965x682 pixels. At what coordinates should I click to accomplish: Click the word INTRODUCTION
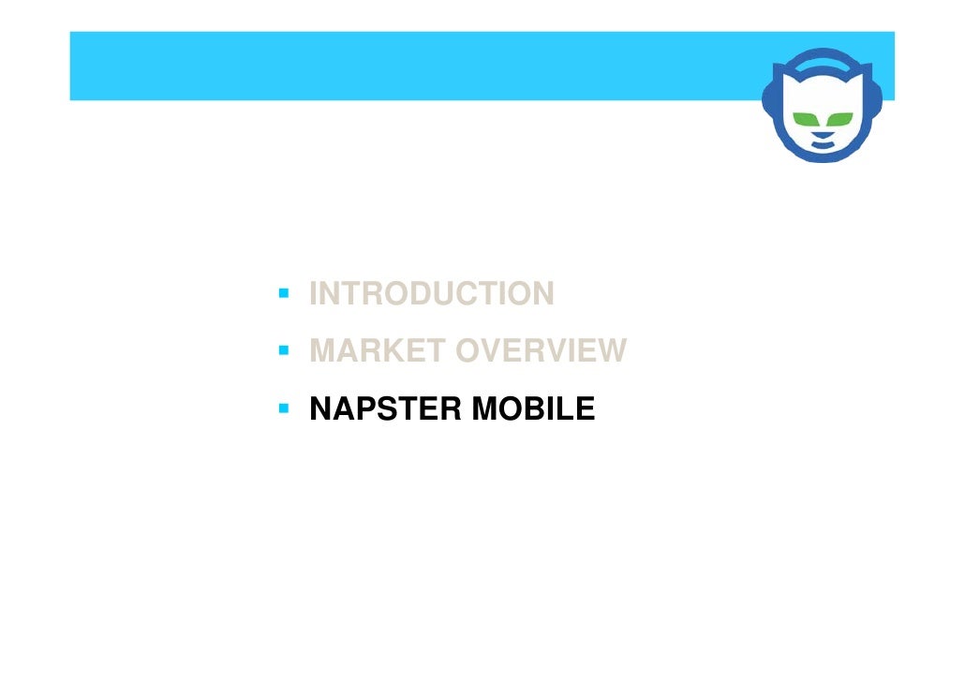pos(432,294)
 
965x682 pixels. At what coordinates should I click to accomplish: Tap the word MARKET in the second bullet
pos(378,351)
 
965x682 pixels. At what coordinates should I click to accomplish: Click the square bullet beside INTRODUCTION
pos(282,294)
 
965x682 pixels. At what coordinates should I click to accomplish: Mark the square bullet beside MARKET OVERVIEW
pos(282,351)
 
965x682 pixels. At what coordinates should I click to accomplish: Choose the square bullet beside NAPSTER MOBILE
pos(282,408)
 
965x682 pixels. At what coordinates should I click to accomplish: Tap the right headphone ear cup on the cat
pos(873,104)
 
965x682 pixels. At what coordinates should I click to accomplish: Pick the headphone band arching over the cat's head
pos(823,55)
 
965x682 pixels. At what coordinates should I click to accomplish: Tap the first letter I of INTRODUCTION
pos(314,294)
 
